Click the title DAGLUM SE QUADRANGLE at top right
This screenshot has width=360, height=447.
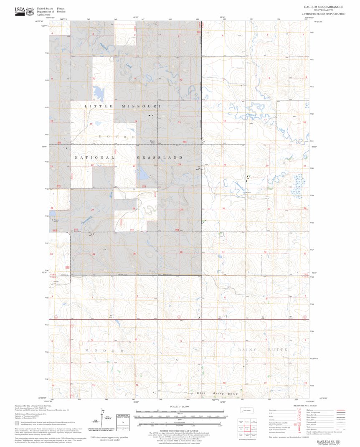coord(325,7)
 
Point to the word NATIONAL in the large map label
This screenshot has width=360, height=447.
coord(94,157)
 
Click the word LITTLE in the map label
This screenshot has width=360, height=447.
coord(99,107)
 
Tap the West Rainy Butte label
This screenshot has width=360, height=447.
coord(217,394)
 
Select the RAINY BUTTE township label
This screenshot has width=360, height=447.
coord(263,349)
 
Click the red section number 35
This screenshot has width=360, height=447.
coord(134,254)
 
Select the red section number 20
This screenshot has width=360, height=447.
coord(267,166)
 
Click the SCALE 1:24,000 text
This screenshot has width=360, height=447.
coord(180,406)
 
